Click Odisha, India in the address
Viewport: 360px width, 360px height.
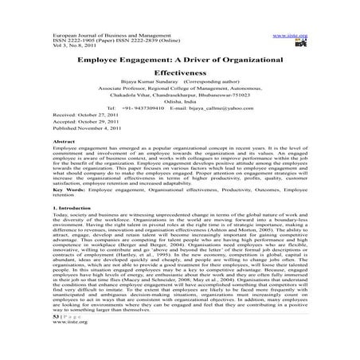click(180, 99)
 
